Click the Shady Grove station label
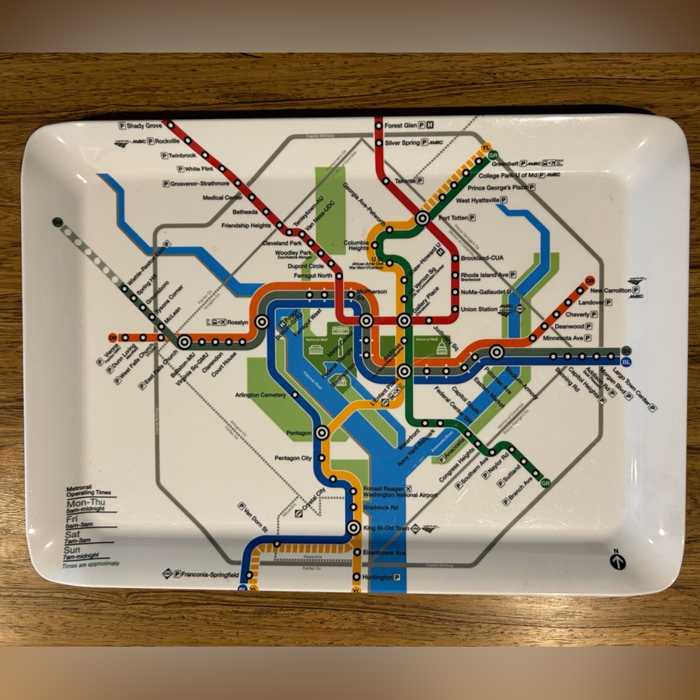point(144,126)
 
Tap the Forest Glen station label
point(400,126)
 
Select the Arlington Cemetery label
point(260,395)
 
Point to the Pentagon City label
point(293,458)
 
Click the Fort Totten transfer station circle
point(422,218)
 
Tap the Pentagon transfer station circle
point(322,433)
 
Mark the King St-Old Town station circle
point(354,528)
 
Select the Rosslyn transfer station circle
point(262,322)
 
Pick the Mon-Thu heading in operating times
point(82,503)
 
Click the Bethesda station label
point(245,212)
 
